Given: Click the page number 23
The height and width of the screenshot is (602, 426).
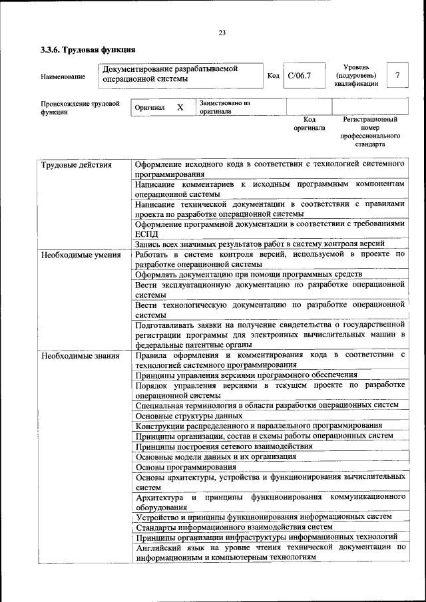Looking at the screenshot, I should pos(222,33).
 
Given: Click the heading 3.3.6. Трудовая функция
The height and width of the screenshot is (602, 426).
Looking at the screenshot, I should pos(88,49).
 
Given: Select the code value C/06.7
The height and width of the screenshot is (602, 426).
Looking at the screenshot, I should pos(299,76).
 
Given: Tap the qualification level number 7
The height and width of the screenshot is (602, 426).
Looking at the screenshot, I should pos(397,76).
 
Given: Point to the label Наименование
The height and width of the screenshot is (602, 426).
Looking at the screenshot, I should pos(63,77).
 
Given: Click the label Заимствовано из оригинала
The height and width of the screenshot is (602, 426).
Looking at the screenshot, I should pos(224,107).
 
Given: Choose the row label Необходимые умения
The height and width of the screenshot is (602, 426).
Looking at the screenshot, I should pos(81,255).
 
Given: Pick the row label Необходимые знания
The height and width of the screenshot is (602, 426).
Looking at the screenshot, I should pos(80,355).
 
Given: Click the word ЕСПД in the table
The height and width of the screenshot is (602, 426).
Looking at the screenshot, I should pos(148,234).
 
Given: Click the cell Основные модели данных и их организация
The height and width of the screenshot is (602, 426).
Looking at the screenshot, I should pos(216,456).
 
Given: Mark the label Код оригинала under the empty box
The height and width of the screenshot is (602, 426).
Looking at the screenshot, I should pos(309,124).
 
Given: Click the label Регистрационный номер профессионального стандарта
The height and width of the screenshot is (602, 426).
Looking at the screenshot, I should pos(370,132).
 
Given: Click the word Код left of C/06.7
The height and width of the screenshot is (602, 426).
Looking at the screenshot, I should pos(272,76).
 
